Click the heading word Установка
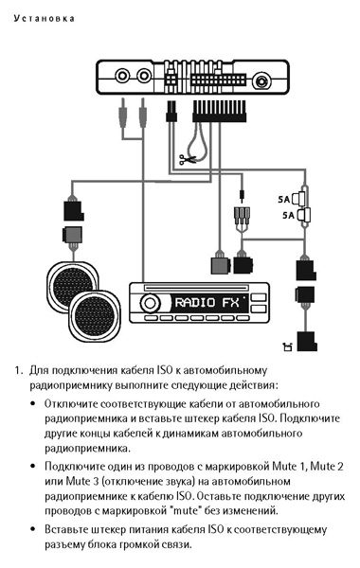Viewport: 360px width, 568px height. [x=45, y=19]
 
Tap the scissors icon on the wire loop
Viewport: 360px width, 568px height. [x=188, y=159]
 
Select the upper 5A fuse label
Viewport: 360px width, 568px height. [x=284, y=199]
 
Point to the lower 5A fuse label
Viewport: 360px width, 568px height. [x=289, y=215]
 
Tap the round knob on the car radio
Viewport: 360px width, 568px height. [x=150, y=303]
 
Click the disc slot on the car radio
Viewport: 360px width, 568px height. [x=196, y=289]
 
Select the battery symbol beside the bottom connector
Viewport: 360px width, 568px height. [x=287, y=346]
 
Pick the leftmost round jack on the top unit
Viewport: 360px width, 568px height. [x=122, y=76]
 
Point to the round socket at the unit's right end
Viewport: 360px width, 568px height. [x=261, y=80]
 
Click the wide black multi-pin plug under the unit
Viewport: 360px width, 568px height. [x=219, y=111]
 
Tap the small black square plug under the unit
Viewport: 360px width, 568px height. [x=171, y=112]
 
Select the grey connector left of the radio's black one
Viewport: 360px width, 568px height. [x=221, y=265]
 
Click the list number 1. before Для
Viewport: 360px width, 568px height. [x=19, y=370]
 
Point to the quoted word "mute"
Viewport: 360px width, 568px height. [x=187, y=511]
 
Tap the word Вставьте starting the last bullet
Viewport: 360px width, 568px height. [x=66, y=529]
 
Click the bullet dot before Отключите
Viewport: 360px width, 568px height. [x=33, y=403]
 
